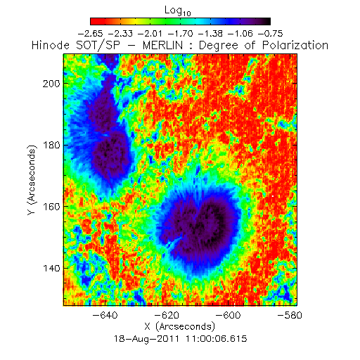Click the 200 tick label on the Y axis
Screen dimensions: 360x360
[x=51, y=84]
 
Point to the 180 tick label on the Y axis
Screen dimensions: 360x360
[x=51, y=146]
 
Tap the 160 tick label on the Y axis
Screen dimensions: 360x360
[x=51, y=207]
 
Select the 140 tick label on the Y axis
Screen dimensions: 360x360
[x=51, y=269]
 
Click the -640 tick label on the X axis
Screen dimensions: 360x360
[x=105, y=315]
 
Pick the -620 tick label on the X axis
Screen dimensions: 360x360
[x=167, y=315]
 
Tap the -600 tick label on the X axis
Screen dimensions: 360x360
[x=228, y=315]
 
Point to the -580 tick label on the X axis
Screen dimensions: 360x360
[x=290, y=315]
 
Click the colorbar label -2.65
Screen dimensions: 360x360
[x=90, y=34]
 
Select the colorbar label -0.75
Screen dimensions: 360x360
[x=271, y=34]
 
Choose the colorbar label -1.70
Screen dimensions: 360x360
[x=181, y=34]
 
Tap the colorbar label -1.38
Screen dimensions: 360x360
[x=210, y=34]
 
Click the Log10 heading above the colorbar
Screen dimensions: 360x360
[x=178, y=11]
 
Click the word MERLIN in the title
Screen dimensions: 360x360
[x=162, y=45]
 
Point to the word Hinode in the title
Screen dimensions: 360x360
[x=51, y=45]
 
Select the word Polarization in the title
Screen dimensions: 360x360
[x=295, y=45]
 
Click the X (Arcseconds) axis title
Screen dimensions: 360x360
[x=180, y=326]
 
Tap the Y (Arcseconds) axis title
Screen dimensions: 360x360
[x=32, y=180]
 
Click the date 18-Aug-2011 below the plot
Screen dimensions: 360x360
[x=146, y=339]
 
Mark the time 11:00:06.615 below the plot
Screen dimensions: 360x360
[x=217, y=339]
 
